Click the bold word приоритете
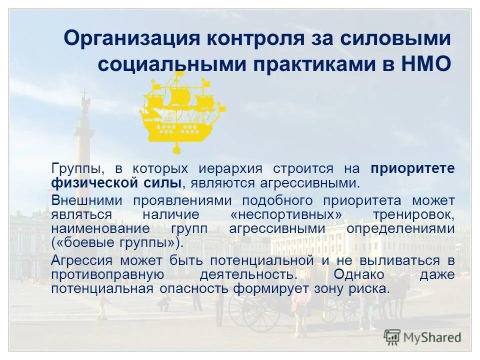[412, 169]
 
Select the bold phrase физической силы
[116, 182]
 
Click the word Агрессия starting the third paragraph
[81, 260]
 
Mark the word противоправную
[107, 274]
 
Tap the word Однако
[359, 274]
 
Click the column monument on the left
[83, 145]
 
